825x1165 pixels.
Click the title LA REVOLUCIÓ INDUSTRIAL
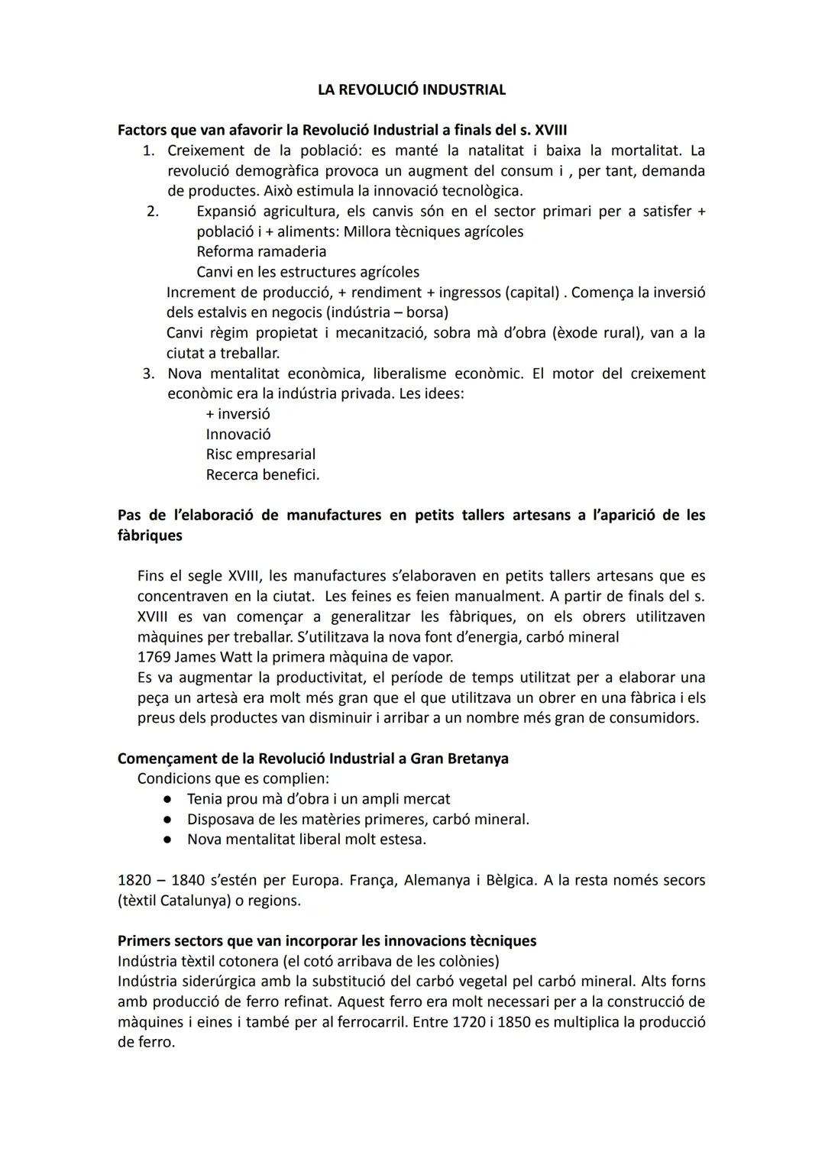point(411,89)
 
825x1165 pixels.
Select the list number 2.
point(152,211)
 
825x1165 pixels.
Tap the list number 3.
point(149,374)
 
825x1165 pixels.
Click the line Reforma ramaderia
point(261,251)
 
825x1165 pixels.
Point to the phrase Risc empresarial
point(260,455)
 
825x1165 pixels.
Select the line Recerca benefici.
point(262,474)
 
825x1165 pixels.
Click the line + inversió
point(238,414)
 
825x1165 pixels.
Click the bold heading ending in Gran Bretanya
point(312,759)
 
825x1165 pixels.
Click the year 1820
point(135,880)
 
